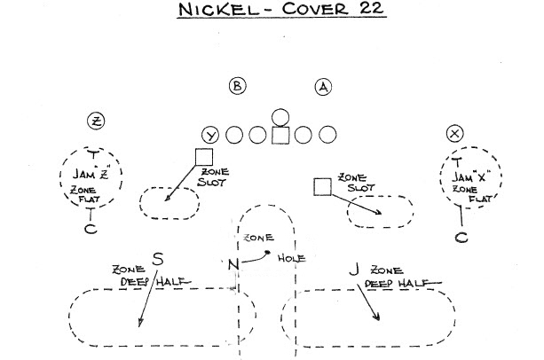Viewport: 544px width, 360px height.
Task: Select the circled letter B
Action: [x=236, y=86]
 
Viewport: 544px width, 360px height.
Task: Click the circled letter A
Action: [x=323, y=86]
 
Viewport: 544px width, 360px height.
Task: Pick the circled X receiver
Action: [x=456, y=134]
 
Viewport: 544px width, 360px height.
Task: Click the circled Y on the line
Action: [x=211, y=135]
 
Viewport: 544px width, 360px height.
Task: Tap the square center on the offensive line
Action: [x=280, y=135]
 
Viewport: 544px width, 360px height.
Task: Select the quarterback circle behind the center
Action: [x=280, y=115]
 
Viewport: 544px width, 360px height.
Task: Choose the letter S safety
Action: [x=158, y=259]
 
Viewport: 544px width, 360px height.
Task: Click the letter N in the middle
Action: [x=232, y=263]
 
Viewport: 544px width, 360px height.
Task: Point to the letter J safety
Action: [x=353, y=267]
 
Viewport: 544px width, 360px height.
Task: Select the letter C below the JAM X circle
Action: [x=461, y=237]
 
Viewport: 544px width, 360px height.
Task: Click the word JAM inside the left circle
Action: [x=83, y=175]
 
